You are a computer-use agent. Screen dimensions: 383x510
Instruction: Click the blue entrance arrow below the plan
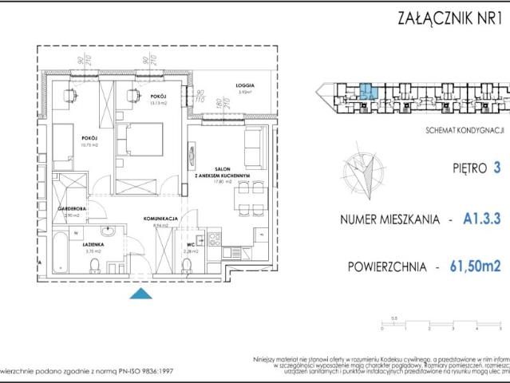pos(140,294)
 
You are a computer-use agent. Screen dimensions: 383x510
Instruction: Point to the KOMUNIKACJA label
pos(159,217)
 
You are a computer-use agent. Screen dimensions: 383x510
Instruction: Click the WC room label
pos(189,246)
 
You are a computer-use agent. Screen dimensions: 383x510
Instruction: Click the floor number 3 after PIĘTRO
pos(497,168)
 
